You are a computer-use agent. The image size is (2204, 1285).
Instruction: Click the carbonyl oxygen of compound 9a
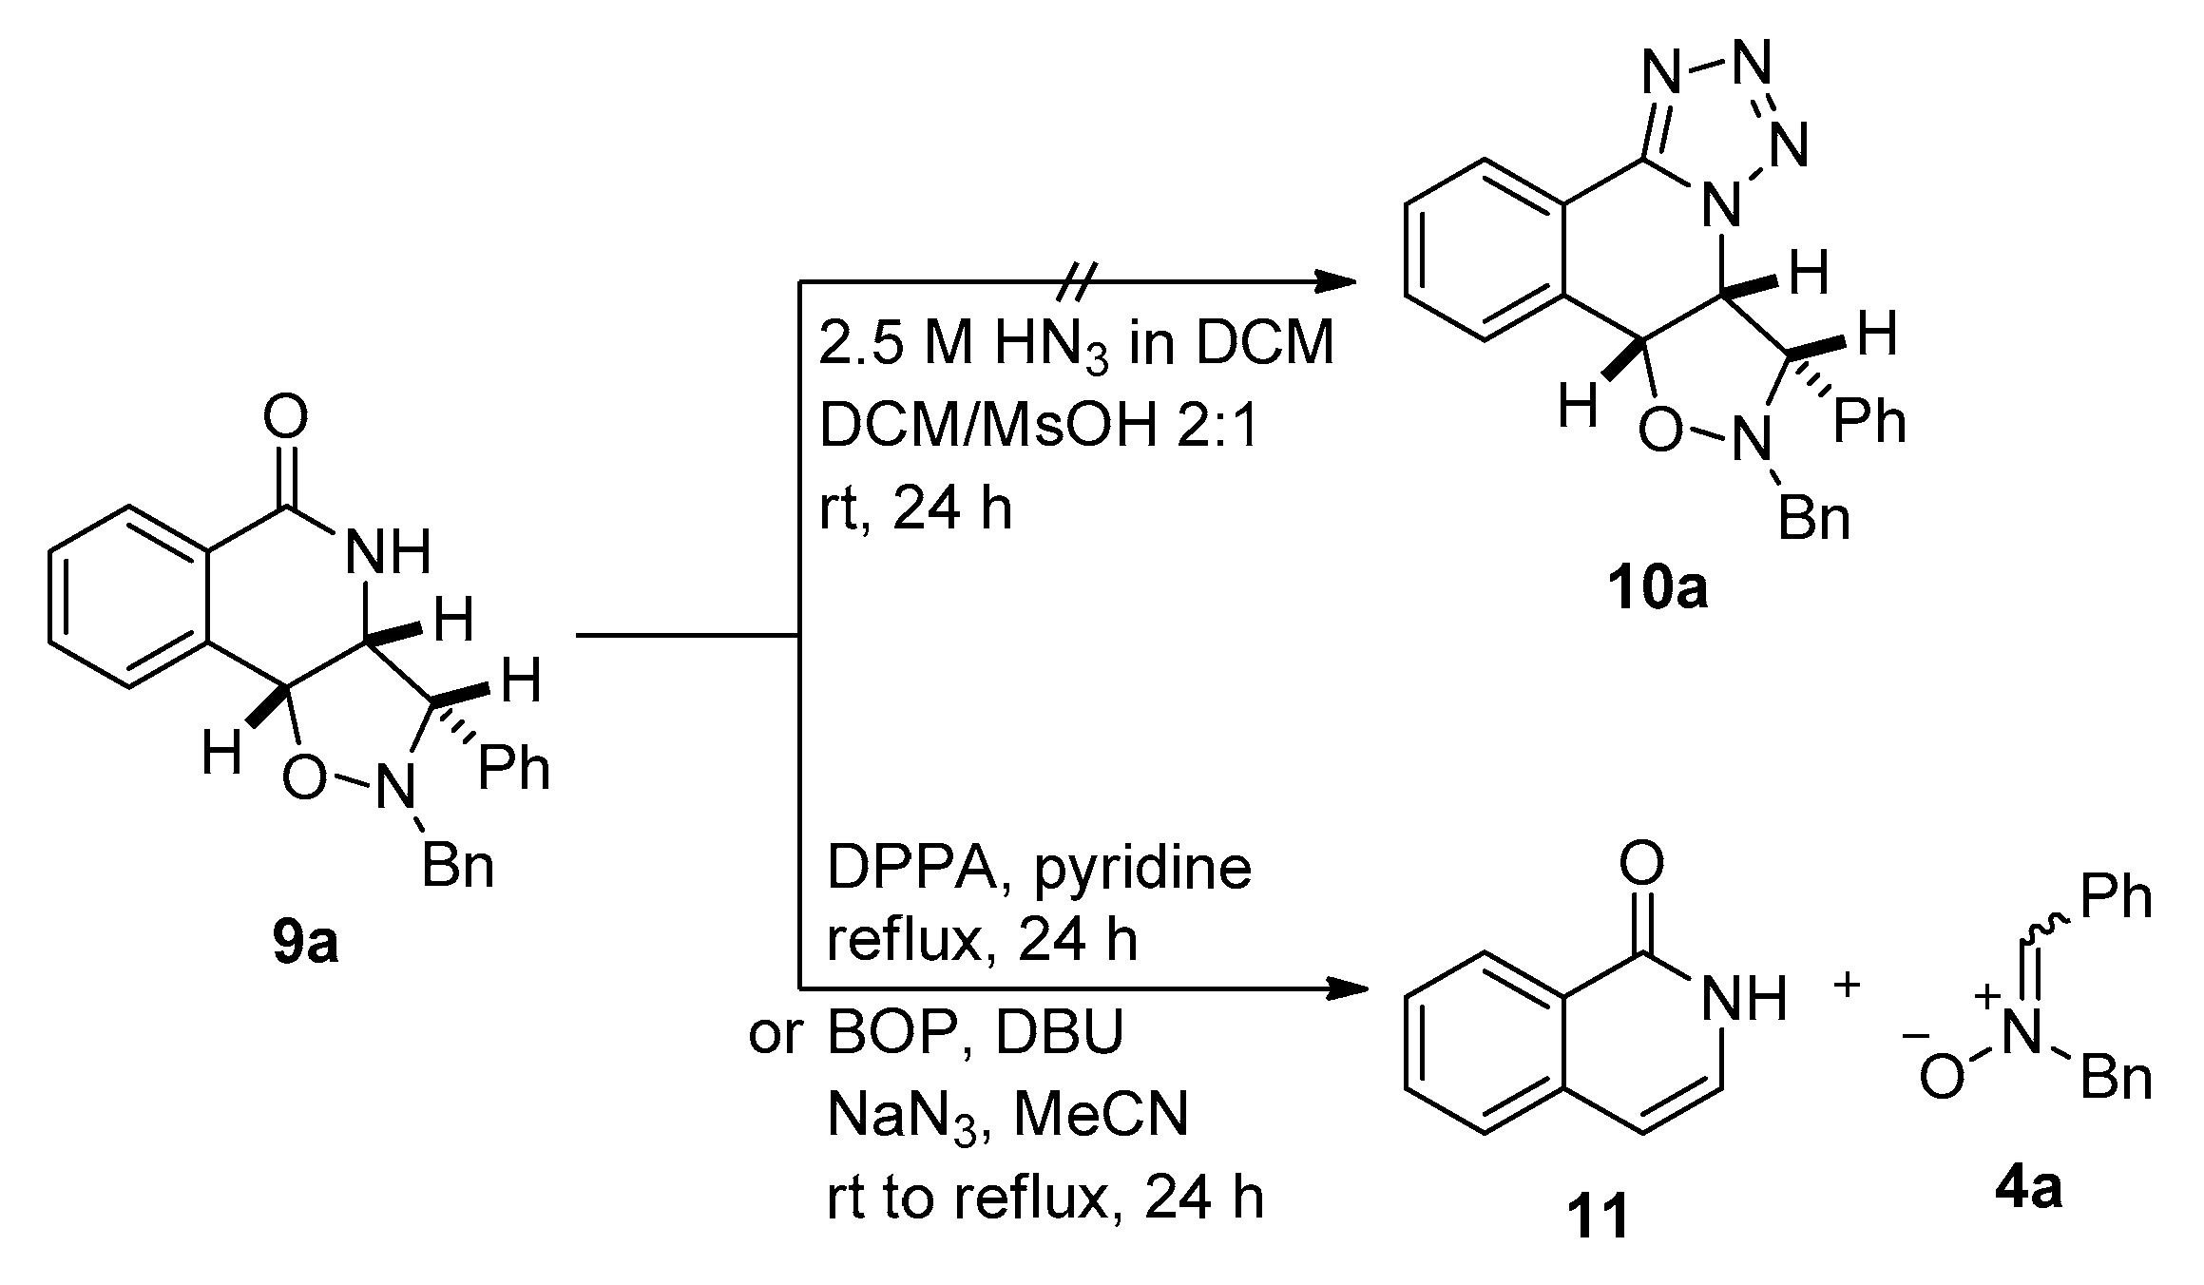pyautogui.click(x=286, y=418)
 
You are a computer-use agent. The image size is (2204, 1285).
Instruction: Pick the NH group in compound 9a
pyautogui.click(x=387, y=551)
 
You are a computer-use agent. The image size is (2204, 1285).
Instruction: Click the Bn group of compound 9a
pyautogui.click(x=457, y=867)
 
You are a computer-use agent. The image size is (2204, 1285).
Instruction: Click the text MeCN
pyautogui.click(x=1101, y=1114)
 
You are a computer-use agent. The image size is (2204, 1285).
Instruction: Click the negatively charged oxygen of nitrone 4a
pyautogui.click(x=1941, y=1080)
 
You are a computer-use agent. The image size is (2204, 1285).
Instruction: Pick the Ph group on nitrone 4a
pyautogui.click(x=2116, y=896)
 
